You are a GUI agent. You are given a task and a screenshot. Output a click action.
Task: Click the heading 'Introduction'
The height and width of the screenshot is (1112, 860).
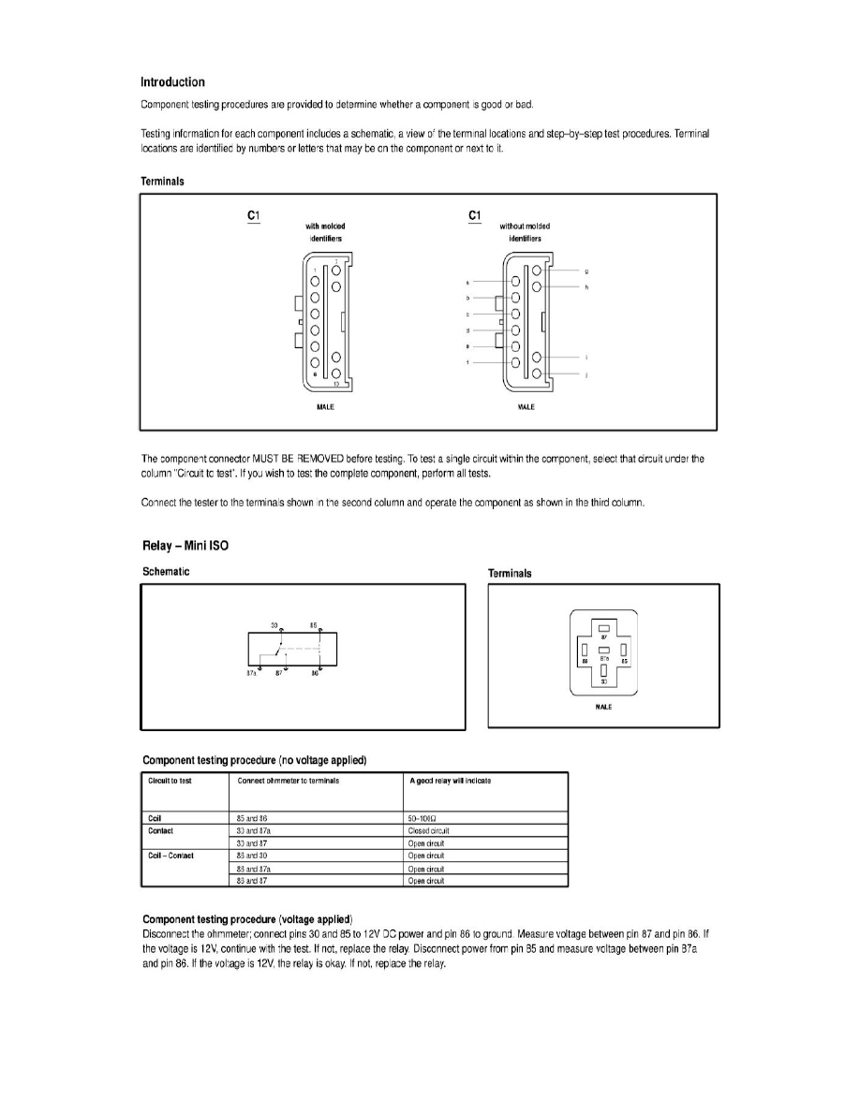pyautogui.click(x=172, y=82)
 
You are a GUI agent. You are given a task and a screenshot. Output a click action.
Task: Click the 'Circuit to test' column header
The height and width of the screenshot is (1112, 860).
pyautogui.click(x=170, y=782)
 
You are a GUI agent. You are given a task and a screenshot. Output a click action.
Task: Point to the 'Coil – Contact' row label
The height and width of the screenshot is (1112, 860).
pyautogui.click(x=171, y=856)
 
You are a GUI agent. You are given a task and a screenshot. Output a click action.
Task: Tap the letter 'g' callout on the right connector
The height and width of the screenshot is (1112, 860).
pyautogui.click(x=586, y=271)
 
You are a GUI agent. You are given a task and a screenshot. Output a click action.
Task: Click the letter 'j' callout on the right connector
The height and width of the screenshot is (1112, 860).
pyautogui.click(x=586, y=374)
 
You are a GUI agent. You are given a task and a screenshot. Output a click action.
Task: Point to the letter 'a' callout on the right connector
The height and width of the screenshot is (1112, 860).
pyautogui.click(x=467, y=281)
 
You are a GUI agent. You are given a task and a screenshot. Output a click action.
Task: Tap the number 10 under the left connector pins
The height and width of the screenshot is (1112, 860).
pyautogui.click(x=336, y=384)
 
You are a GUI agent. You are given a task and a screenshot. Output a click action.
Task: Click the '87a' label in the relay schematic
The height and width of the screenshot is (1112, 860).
pyautogui.click(x=252, y=672)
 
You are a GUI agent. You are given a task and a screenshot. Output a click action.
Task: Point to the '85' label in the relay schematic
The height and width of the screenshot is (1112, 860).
pyautogui.click(x=313, y=624)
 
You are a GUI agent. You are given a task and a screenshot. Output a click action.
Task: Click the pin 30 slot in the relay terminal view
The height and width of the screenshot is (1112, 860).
pyautogui.click(x=604, y=670)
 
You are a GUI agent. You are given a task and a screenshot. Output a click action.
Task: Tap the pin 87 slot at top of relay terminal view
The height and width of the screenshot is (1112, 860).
pyautogui.click(x=604, y=628)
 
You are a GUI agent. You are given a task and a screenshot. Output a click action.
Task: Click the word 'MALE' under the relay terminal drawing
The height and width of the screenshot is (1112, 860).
pyautogui.click(x=603, y=708)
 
